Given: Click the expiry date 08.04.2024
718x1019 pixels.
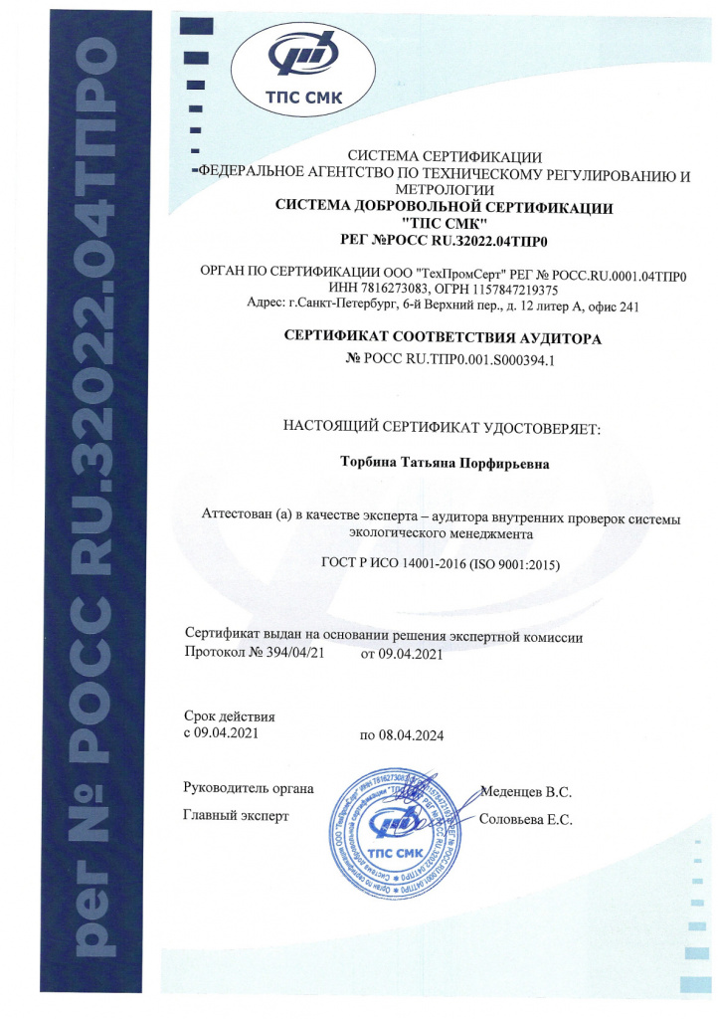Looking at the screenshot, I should click(x=410, y=735).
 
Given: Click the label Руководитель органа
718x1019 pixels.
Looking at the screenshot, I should click(x=250, y=789).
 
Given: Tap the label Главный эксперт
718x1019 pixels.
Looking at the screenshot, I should click(x=235, y=817).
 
